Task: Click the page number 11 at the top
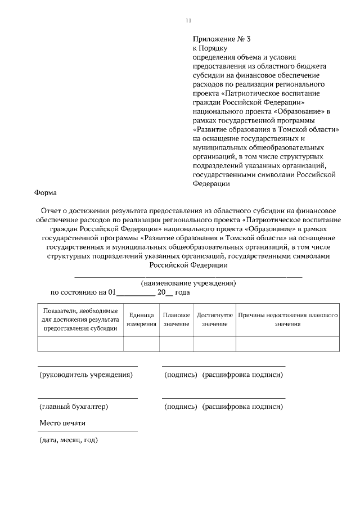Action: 188,21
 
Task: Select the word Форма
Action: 46,192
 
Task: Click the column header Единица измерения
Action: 141,319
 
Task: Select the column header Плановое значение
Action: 176,319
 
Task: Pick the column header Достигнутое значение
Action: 214,319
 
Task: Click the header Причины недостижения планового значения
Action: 287,319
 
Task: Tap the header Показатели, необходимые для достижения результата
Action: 80,319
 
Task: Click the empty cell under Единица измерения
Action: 141,344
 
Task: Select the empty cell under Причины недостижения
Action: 287,344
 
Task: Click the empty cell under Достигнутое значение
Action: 214,344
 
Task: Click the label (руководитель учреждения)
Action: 85,375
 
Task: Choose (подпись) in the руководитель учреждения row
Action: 180,375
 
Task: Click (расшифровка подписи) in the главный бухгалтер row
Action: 242,406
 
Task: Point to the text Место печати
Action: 62,423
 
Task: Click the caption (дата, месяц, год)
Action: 69,439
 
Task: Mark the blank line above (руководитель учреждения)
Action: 87,366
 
